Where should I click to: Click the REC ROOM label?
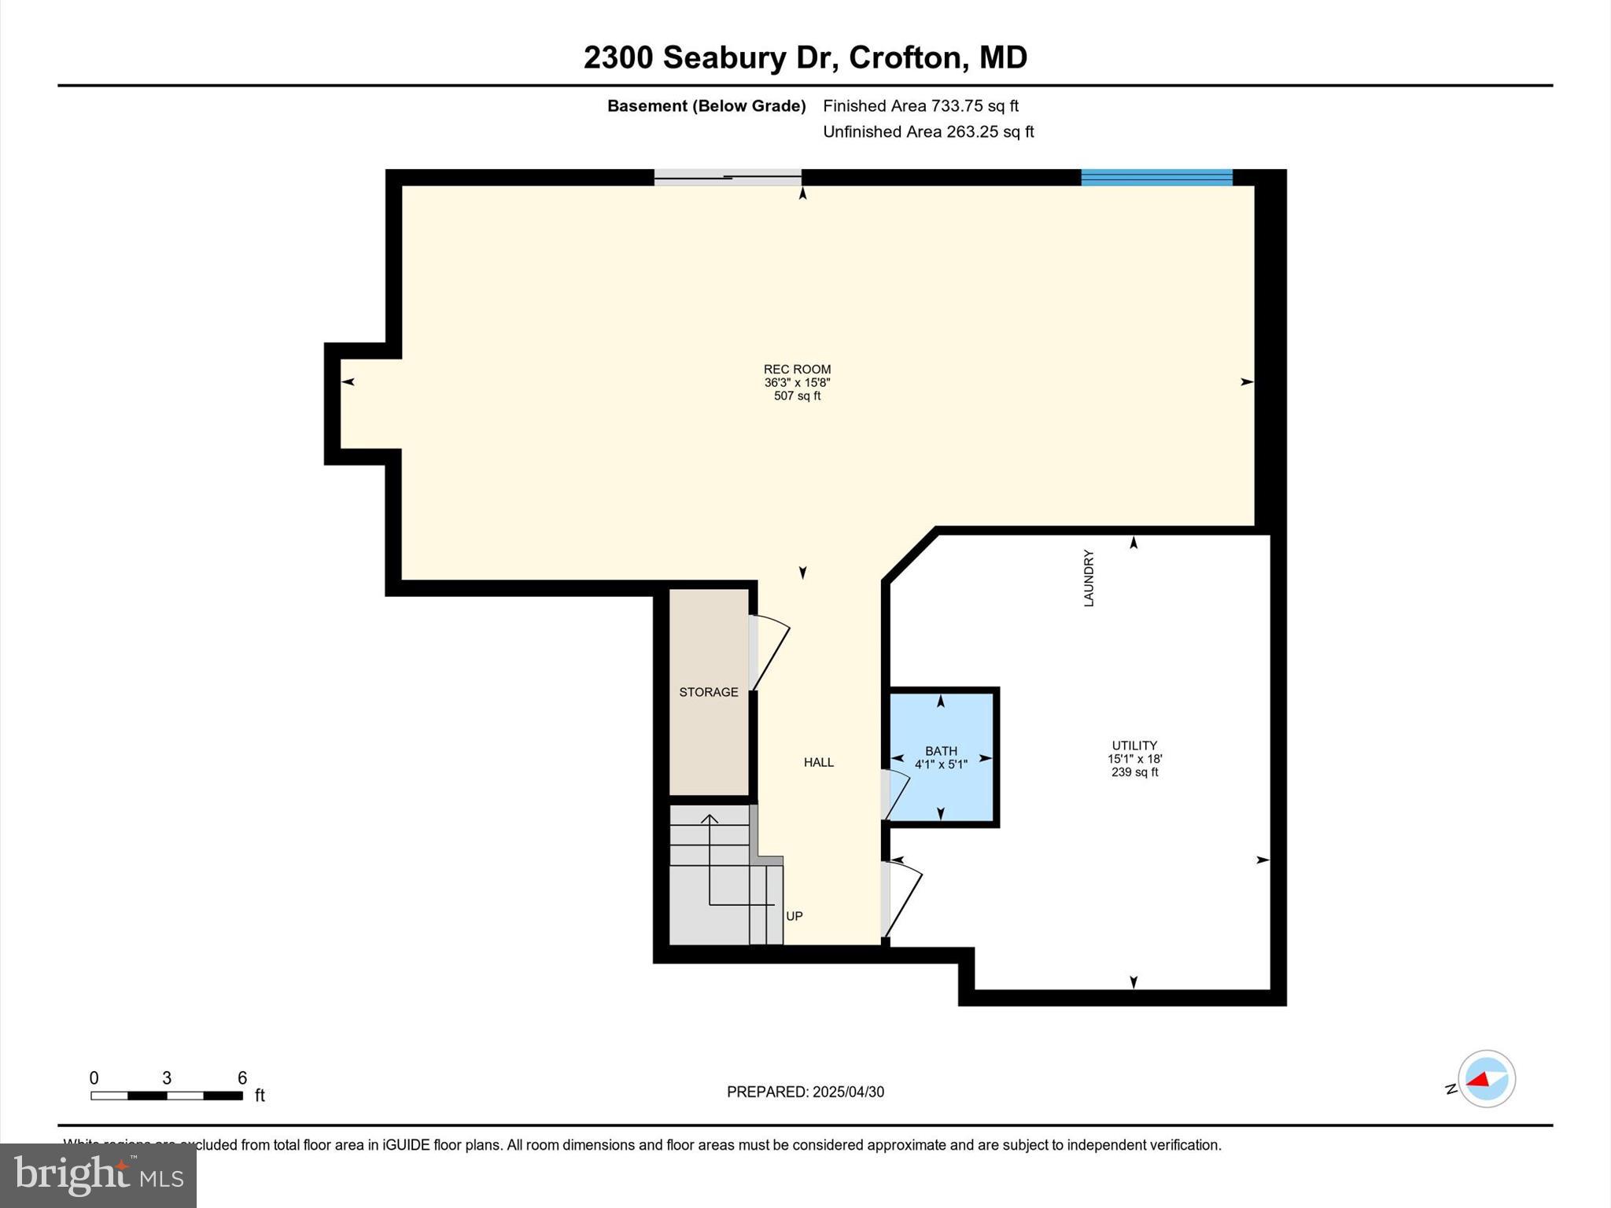pyautogui.click(x=797, y=369)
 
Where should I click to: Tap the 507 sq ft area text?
pyautogui.click(x=797, y=396)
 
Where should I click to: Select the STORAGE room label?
pyautogui.click(x=709, y=692)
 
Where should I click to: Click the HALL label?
pyautogui.click(x=819, y=762)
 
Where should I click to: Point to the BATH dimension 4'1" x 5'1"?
pyautogui.click(x=941, y=764)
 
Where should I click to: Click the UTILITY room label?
pyautogui.click(x=1134, y=746)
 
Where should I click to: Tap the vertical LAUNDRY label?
pyautogui.click(x=1089, y=578)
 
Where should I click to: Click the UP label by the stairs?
pyautogui.click(x=794, y=916)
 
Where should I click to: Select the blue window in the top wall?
pyautogui.click(x=1156, y=178)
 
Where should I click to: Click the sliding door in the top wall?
pyautogui.click(x=728, y=178)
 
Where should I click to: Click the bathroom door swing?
pyautogui.click(x=895, y=796)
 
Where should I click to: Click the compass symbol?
pyautogui.click(x=1486, y=1079)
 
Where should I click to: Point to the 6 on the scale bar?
pyautogui.click(x=242, y=1078)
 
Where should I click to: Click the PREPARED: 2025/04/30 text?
pyautogui.click(x=805, y=1092)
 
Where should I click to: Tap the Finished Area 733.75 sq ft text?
pyautogui.click(x=920, y=105)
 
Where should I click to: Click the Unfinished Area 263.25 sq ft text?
pyautogui.click(x=928, y=132)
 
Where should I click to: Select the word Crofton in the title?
pyautogui.click(x=905, y=57)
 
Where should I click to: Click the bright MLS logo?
pyautogui.click(x=98, y=1175)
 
